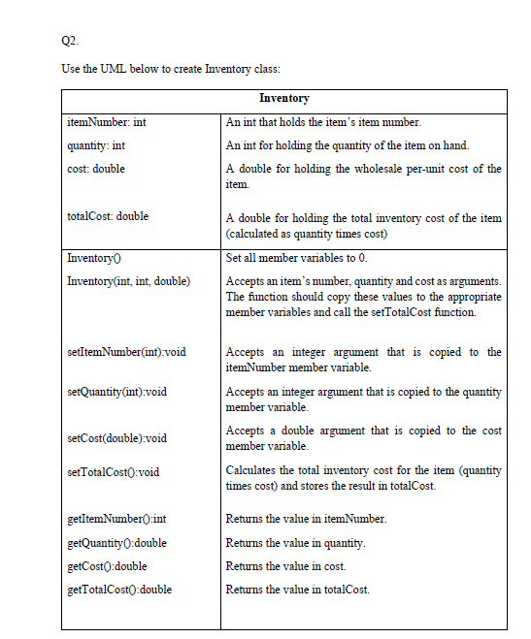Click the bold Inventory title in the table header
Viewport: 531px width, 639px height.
tap(283, 99)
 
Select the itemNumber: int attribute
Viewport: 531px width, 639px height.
tap(107, 123)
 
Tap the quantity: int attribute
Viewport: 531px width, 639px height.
tap(96, 145)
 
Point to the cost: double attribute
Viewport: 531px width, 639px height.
tap(96, 168)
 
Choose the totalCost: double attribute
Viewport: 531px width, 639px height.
tap(108, 216)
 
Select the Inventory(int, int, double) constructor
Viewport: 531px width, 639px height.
tap(128, 281)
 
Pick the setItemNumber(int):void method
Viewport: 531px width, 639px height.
tap(125, 351)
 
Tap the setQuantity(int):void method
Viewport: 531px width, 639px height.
tap(116, 392)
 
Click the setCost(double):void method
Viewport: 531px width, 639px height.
tap(116, 437)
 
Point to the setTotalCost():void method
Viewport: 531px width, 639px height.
tap(113, 471)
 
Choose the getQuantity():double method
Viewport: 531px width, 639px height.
tap(116, 542)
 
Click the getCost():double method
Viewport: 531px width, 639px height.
tap(107, 565)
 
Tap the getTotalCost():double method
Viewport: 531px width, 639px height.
tap(118, 589)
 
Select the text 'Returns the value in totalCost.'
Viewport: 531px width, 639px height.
tap(297, 589)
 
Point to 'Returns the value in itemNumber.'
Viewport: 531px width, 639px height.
tap(306, 520)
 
